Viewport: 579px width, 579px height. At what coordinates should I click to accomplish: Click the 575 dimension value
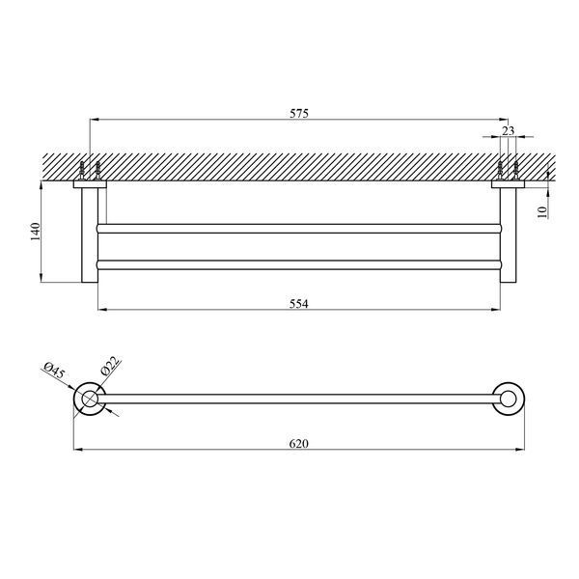tap(299, 113)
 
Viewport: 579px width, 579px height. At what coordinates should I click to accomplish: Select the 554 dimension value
tap(298, 304)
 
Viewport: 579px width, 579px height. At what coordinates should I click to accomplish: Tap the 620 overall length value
tap(298, 444)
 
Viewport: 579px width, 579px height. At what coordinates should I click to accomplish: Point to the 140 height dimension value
tap(36, 232)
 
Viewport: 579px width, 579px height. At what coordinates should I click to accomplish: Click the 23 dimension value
tap(509, 130)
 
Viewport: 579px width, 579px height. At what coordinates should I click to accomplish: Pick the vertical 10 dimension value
tap(541, 212)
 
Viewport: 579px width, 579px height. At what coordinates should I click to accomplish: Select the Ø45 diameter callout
tap(54, 371)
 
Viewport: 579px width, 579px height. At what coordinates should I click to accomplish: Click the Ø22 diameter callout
tap(110, 365)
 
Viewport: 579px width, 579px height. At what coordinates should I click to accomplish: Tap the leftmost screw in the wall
tap(82, 171)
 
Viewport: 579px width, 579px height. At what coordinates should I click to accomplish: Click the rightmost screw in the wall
tap(516, 171)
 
